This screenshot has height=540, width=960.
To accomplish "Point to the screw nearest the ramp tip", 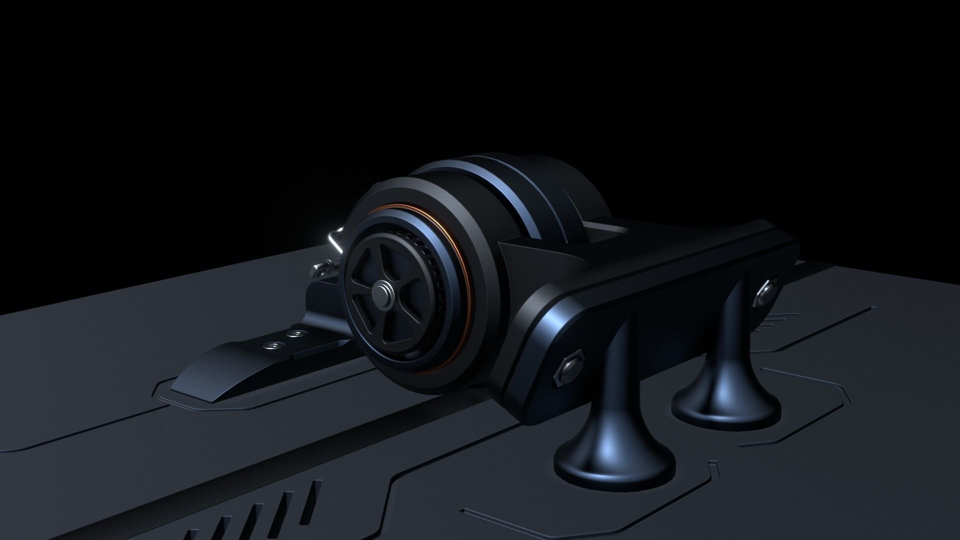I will pos(273,345).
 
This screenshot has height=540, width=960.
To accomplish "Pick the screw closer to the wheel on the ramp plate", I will pos(297,333).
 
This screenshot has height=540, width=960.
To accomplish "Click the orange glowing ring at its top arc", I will pos(400,209).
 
